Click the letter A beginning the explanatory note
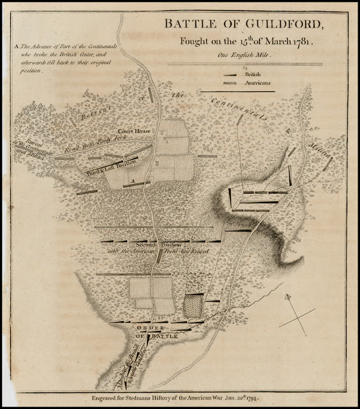[15, 47]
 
